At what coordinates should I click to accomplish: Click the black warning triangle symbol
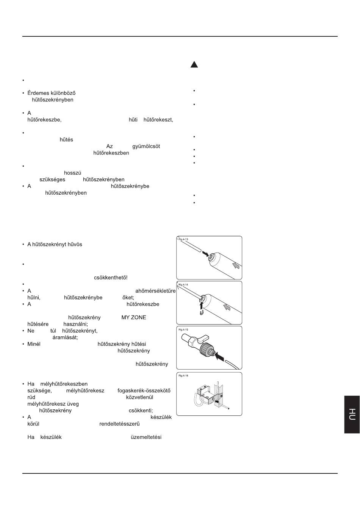tap(194, 64)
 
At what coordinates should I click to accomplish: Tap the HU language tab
tap(352, 414)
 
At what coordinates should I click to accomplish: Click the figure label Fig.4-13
tap(183, 239)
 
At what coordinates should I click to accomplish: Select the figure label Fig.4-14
tap(183, 284)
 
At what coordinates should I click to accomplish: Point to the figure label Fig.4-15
tap(183, 329)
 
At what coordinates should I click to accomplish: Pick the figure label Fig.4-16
tap(183, 376)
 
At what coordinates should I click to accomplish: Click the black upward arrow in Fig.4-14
tap(202, 304)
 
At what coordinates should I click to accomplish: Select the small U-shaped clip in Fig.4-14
tap(202, 312)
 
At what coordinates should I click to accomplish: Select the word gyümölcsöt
tap(146, 146)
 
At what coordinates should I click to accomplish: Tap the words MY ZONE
tap(133, 317)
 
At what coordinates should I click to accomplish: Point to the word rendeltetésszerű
tap(119, 424)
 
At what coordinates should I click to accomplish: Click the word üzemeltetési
tap(146, 437)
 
